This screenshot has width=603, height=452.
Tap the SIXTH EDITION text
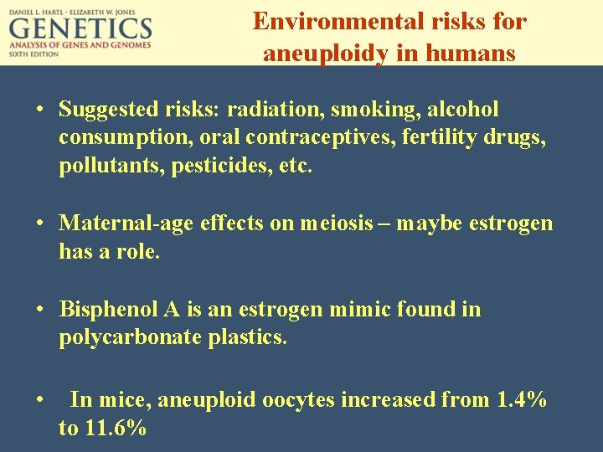tap(34, 54)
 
